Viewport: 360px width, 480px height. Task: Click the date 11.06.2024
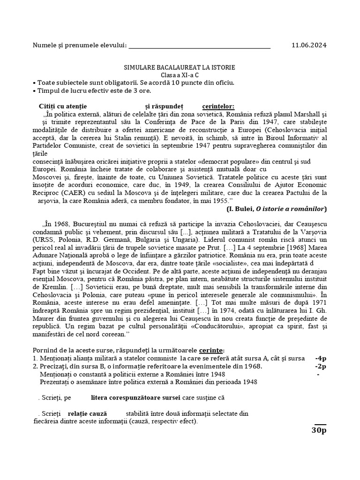(309, 45)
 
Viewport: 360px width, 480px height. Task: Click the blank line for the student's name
(199, 46)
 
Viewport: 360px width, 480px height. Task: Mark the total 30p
(319, 431)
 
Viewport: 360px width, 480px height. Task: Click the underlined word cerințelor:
(218, 106)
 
